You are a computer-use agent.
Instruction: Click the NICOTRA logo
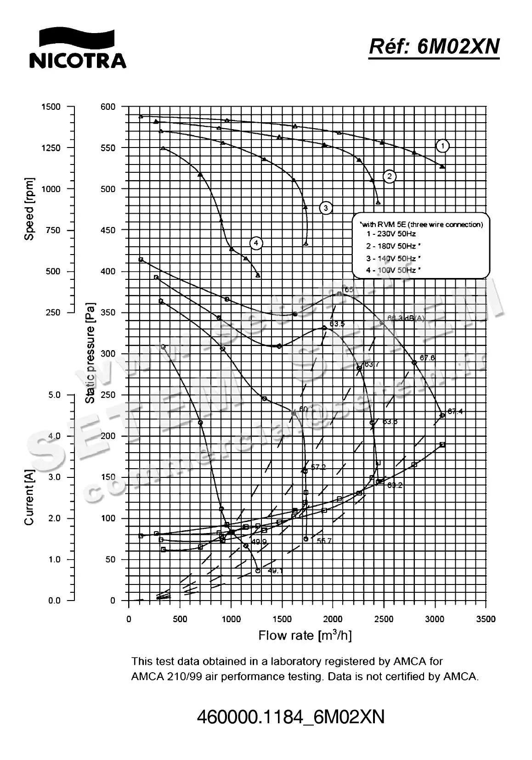[77, 48]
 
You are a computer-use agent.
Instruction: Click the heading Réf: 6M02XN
[434, 46]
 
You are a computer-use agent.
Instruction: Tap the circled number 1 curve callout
[442, 146]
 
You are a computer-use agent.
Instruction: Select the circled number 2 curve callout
[390, 176]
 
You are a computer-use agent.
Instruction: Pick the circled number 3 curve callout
[326, 208]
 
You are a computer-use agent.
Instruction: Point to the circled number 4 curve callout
[256, 243]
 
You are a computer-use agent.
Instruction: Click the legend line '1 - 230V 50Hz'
[391, 234]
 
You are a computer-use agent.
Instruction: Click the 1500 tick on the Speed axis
[51, 107]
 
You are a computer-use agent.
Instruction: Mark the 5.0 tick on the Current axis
[54, 395]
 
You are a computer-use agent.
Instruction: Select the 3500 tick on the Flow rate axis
[486, 619]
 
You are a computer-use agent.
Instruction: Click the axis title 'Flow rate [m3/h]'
[305, 635]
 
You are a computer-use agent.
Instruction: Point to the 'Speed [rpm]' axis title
[29, 209]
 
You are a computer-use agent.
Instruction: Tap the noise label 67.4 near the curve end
[455, 412]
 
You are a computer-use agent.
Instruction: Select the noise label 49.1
[275, 571]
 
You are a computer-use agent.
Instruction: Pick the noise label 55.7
[324, 541]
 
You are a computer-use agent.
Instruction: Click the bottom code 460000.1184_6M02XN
[290, 717]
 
